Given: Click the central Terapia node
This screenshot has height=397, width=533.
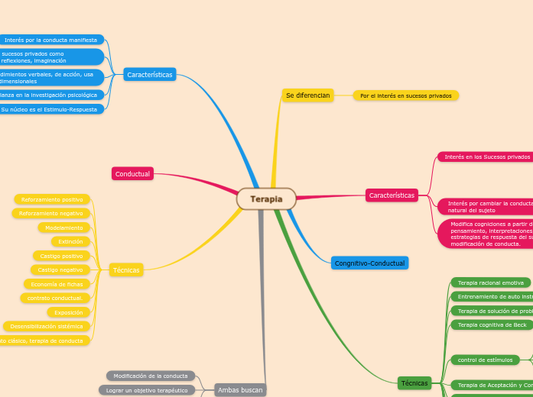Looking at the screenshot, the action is point(266,199).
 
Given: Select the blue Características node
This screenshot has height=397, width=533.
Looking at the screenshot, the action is point(150,75).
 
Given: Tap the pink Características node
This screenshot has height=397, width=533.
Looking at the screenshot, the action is point(392,195).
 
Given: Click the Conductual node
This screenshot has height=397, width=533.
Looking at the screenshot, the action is point(133,174).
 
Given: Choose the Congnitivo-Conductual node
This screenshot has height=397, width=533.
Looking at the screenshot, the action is point(369,263).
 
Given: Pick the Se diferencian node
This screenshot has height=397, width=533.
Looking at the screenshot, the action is point(307,95).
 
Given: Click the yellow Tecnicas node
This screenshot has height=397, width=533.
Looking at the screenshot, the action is point(126,270).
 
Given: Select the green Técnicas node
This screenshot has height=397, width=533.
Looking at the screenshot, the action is point(414,382).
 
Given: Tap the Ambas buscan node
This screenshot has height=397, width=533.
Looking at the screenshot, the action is point(240,390).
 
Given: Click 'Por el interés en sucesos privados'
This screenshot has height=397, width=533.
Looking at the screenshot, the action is point(406,95).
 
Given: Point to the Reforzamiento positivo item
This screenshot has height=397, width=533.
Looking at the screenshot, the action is point(52,199).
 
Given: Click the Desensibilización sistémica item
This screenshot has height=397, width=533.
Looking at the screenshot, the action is point(47,326).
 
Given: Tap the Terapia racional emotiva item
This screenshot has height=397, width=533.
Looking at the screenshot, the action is point(490,282).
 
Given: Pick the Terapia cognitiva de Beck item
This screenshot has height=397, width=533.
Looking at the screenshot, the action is point(492,324).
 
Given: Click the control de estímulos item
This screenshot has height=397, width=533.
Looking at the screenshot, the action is point(485,360).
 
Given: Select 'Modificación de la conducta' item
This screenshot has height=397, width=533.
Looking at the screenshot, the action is point(151,376).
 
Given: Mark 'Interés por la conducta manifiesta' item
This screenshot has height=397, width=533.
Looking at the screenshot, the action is point(51,40).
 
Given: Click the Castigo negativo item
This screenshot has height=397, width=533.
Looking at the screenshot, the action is point(60,270).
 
